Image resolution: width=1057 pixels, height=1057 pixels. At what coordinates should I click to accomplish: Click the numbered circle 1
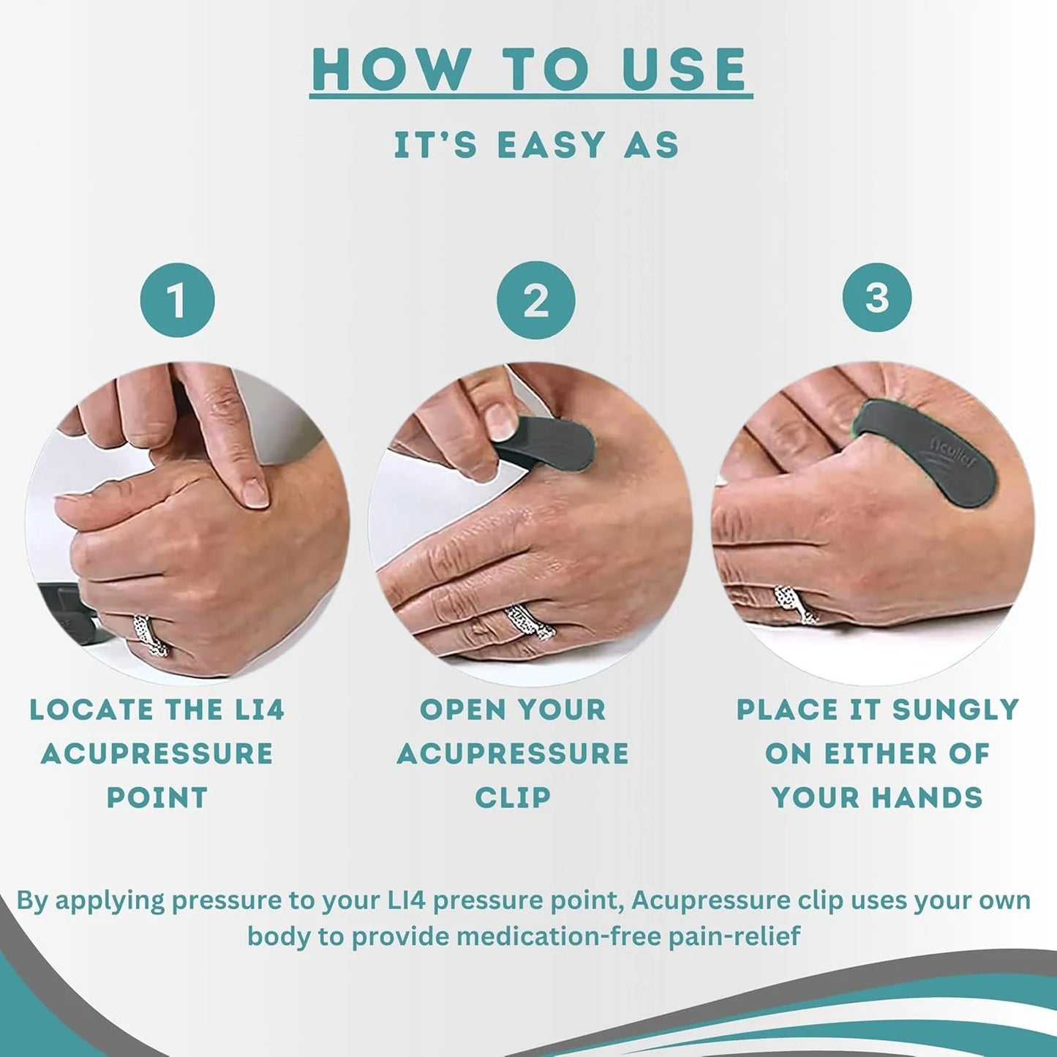click(x=177, y=301)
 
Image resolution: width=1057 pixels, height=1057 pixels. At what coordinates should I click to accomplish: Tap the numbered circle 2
click(x=535, y=301)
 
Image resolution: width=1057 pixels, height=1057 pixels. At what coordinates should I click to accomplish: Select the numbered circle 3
click(x=876, y=298)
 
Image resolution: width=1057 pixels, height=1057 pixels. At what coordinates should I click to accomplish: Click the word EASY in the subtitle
click(x=552, y=145)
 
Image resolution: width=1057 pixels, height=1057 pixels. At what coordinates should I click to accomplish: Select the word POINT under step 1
click(x=157, y=797)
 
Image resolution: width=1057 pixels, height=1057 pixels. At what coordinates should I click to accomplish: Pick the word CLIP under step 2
click(x=513, y=797)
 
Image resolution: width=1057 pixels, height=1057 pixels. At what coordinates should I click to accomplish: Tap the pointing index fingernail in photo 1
click(x=255, y=493)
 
